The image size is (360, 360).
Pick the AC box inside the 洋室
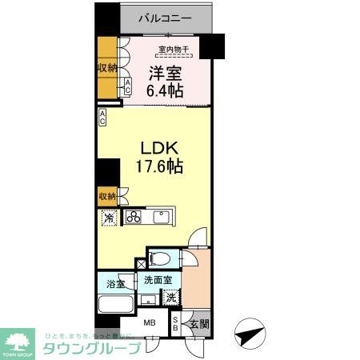click(127, 87)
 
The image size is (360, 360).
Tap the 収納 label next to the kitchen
click(107, 195)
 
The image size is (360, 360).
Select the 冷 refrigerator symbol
click(107, 218)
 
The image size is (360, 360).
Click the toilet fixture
click(160, 258)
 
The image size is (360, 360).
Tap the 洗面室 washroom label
click(158, 280)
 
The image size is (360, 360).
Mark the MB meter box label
click(150, 323)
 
